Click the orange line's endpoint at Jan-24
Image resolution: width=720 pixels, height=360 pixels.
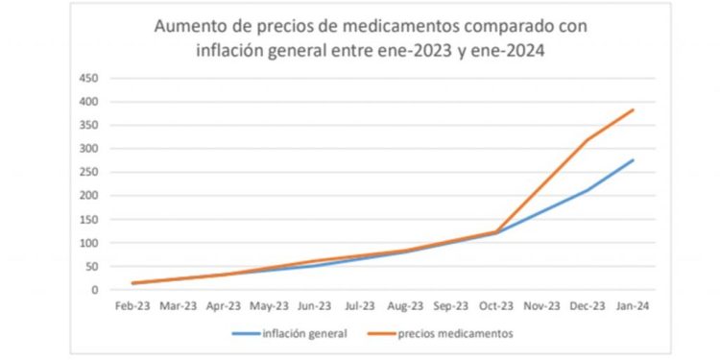(634, 109)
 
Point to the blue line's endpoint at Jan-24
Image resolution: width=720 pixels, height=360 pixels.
(634, 160)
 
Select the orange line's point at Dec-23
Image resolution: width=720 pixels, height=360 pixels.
(588, 140)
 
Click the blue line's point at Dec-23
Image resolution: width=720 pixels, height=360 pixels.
(588, 190)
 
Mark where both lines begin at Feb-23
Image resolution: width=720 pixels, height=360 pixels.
(132, 283)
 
